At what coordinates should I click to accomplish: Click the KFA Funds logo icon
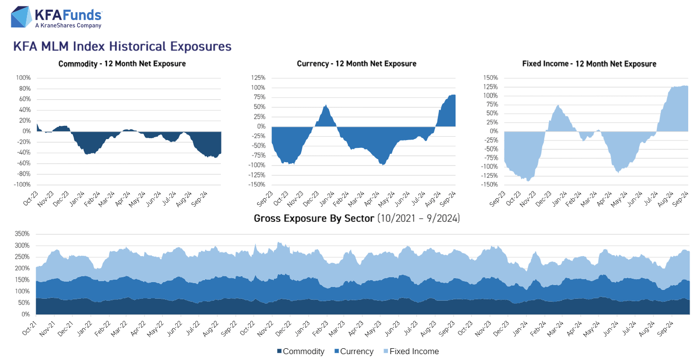(21, 17)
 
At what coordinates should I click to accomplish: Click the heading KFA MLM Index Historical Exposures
(122, 47)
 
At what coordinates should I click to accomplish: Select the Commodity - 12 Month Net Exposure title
(122, 64)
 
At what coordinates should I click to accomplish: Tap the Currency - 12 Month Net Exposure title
(357, 64)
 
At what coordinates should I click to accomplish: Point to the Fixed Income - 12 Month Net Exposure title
(589, 64)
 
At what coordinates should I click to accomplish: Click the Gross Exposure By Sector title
(357, 218)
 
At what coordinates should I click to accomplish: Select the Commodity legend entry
(301, 351)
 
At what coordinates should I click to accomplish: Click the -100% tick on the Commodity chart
(23, 185)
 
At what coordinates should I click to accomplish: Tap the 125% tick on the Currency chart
(258, 78)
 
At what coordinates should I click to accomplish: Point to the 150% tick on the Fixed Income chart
(490, 78)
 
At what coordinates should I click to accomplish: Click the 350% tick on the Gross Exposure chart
(23, 234)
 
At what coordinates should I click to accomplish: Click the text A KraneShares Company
(68, 25)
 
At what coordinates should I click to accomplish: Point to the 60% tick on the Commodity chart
(24, 99)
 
